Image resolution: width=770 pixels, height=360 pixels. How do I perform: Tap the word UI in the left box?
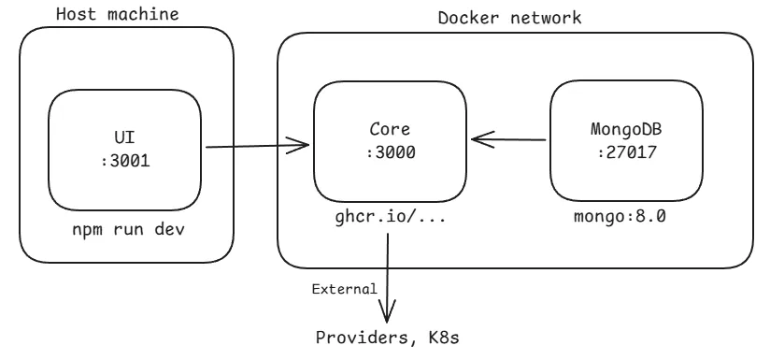tap(125, 136)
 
